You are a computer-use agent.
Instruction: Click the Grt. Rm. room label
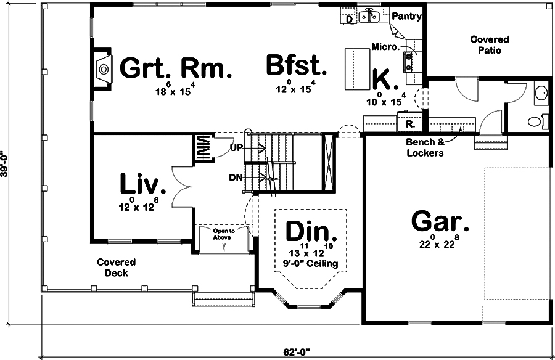[x=175, y=68]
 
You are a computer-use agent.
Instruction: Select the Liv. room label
[x=142, y=184]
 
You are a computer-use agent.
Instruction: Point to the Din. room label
[x=311, y=232]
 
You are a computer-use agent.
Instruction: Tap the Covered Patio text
[x=489, y=45]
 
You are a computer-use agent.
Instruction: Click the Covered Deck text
[x=116, y=268]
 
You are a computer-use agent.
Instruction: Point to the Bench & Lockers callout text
[x=424, y=148]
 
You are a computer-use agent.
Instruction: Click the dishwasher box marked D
[x=349, y=18]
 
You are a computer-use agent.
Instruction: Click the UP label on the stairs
[x=237, y=148]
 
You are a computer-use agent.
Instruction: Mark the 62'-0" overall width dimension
[x=297, y=353]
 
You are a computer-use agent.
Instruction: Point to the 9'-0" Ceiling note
[x=311, y=264]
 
